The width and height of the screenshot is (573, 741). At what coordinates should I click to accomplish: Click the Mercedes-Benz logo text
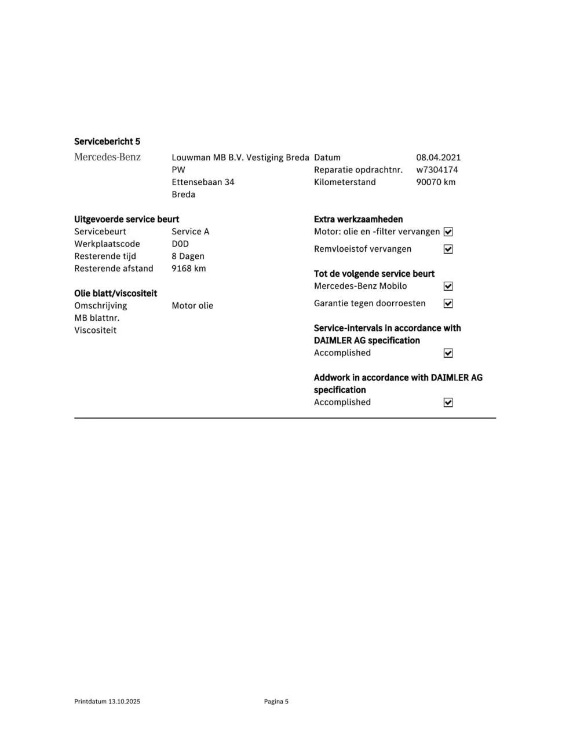pos(107,157)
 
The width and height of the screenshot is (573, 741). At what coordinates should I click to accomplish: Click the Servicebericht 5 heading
pos(107,141)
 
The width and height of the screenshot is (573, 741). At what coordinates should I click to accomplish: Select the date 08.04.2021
pos(438,157)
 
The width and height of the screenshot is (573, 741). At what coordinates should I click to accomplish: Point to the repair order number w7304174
pos(437,170)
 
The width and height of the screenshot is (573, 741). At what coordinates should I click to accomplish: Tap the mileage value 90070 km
pos(436,182)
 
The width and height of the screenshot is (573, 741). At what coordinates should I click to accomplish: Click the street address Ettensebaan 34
pos(203,182)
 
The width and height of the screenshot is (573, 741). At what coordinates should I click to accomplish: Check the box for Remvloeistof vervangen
pos(448,249)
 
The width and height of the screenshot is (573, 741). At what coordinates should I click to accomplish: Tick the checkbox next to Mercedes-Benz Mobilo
pos(448,286)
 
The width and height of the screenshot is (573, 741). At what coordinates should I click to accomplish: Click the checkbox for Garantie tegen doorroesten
pos(448,303)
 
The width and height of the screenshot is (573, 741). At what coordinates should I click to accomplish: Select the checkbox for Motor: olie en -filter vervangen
pos(448,232)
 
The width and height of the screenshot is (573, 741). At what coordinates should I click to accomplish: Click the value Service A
pos(190,232)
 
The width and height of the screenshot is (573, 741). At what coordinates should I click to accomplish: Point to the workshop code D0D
pos(180,244)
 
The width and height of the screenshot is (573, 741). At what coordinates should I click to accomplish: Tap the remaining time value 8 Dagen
pos(188,256)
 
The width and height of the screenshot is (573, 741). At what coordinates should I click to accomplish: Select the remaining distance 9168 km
pos(188,268)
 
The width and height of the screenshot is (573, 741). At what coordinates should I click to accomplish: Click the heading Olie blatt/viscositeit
pos(115,293)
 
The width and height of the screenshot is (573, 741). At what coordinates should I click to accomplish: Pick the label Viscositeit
pos(95,330)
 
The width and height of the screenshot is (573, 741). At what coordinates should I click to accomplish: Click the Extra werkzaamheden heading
pos(358,219)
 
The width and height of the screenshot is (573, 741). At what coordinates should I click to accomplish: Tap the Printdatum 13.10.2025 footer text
pos(107,701)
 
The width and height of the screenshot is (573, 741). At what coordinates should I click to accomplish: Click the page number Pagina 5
pos(276,701)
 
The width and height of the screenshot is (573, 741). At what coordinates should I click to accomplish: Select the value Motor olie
pos(192,306)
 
